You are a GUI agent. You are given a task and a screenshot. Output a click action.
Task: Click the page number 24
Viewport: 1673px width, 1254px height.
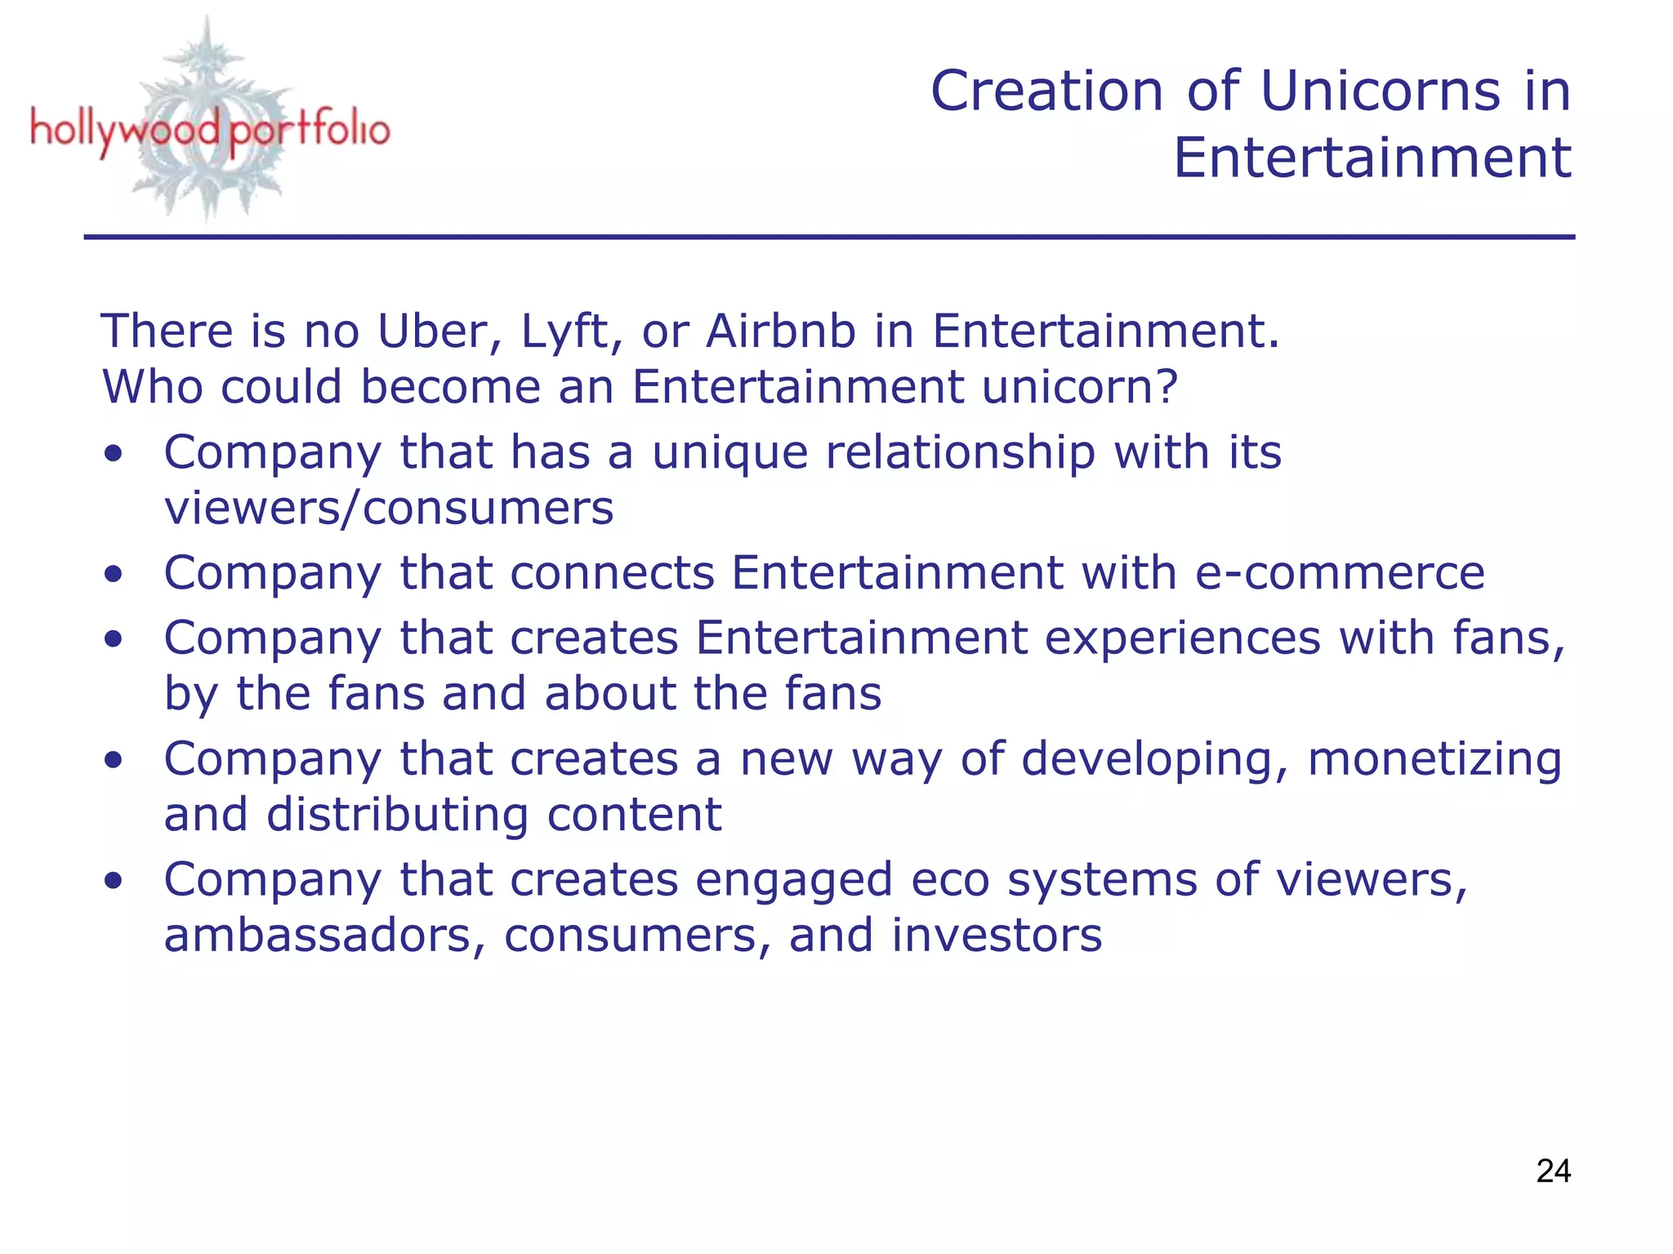coord(1553,1171)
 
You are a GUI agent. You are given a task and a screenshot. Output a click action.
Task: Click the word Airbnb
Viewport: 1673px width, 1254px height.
coord(781,331)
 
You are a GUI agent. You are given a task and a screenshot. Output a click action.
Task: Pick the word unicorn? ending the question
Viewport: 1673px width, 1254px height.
coord(1080,386)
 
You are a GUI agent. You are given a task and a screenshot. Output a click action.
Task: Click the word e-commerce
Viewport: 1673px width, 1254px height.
coord(1340,572)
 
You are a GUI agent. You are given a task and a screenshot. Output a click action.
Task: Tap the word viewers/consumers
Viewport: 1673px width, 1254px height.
coord(389,508)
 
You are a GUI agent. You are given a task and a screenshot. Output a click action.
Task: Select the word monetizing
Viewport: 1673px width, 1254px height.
coord(1434,759)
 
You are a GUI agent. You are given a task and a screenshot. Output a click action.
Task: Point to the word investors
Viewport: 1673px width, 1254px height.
coord(997,936)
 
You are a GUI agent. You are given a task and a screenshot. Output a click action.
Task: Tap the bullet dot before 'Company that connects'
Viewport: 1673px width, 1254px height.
coord(114,574)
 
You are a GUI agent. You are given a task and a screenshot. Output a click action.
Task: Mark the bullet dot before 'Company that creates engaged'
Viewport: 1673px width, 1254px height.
coord(114,881)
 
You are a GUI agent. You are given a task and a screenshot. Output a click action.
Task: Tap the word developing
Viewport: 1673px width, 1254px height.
coord(1155,759)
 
